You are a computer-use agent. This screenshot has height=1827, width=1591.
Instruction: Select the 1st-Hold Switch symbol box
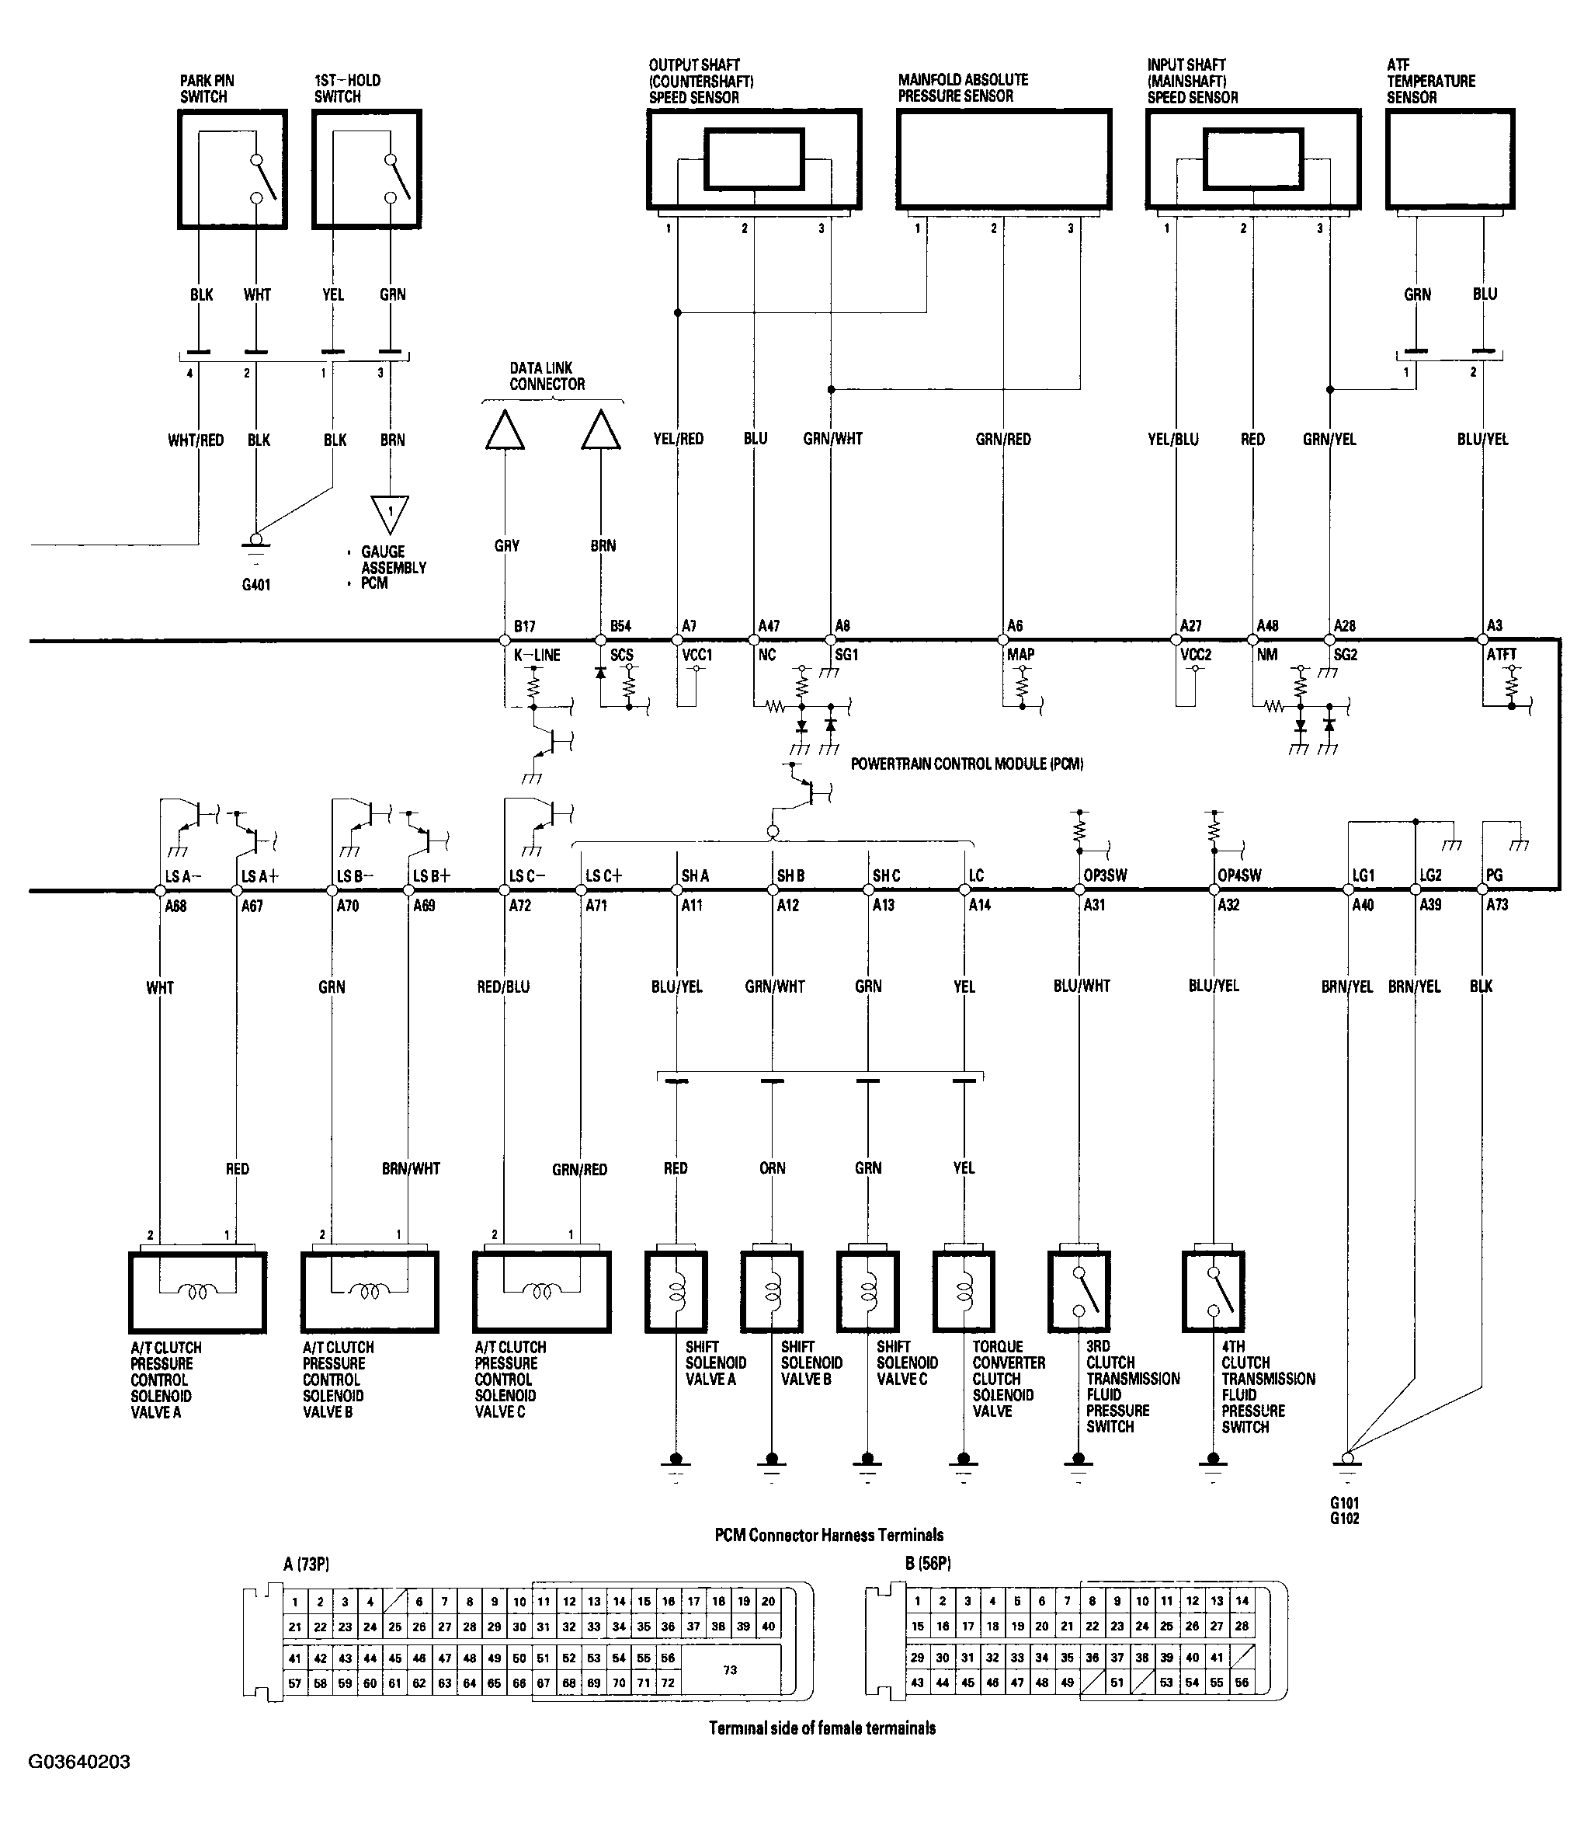point(366,169)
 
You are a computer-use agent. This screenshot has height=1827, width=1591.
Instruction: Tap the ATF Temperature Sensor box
point(1450,159)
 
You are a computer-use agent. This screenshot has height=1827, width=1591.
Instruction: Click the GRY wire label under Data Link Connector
point(507,546)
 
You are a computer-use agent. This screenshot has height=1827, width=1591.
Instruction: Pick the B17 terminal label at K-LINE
point(525,626)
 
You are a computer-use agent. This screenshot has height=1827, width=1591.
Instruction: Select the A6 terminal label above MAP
point(1015,626)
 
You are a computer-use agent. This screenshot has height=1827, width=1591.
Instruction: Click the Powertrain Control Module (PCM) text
point(967,764)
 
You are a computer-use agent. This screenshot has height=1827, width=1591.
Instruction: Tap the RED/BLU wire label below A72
point(503,987)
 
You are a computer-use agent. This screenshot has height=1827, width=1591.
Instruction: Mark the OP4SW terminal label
point(1239,875)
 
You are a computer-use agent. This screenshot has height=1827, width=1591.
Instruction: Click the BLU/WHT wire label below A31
point(1082,986)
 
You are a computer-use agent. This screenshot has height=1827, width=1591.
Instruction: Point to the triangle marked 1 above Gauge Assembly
point(390,513)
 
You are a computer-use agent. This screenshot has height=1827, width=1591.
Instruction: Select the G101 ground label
point(1344,1503)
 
